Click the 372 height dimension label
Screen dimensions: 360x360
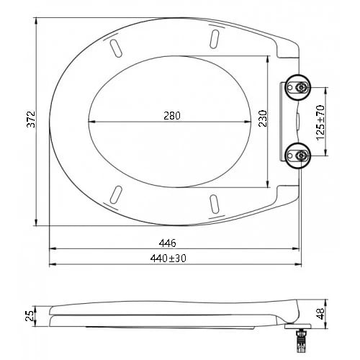click(x=31, y=119)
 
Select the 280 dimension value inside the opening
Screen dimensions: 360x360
click(x=172, y=116)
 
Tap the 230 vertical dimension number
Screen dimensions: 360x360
click(x=263, y=118)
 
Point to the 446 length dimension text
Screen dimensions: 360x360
click(x=167, y=243)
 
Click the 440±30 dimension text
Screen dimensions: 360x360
click(x=168, y=258)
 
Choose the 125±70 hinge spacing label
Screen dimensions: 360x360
click(x=320, y=122)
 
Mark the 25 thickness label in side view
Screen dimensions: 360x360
click(x=30, y=316)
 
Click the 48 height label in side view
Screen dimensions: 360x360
click(x=320, y=313)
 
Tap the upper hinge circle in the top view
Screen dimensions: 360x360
click(x=297, y=87)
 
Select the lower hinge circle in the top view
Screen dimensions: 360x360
click(x=297, y=156)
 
